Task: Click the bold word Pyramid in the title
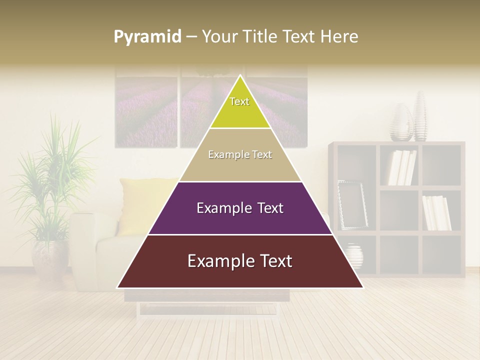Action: point(147,37)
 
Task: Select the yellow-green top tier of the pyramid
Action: point(240,112)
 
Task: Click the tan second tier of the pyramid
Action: point(240,167)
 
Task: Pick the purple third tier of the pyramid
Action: point(240,220)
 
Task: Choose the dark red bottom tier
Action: point(240,275)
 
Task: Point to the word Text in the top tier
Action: point(239,101)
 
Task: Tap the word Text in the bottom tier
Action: point(271,261)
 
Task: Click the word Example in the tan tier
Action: point(228,155)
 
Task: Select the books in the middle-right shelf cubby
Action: point(436,212)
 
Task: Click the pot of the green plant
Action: point(50,260)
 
